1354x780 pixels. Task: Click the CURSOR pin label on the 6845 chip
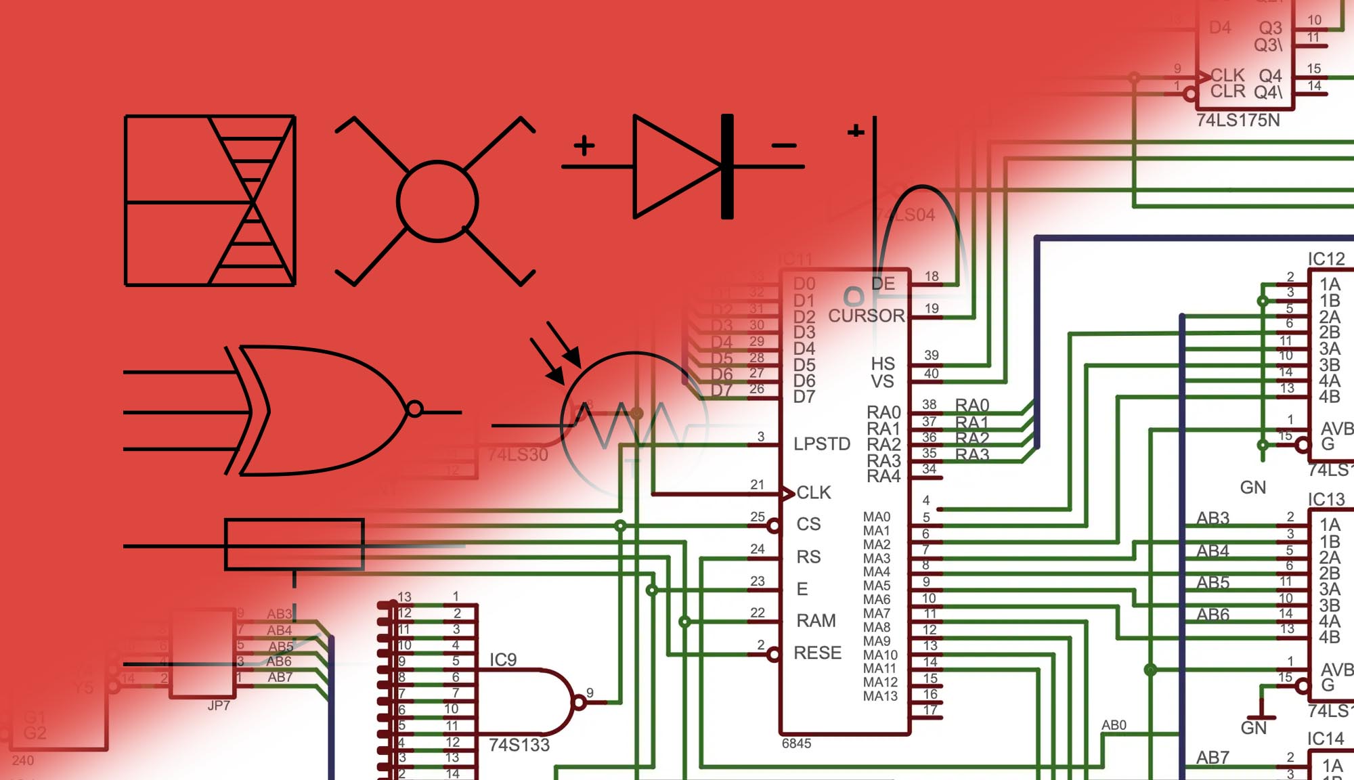tap(866, 316)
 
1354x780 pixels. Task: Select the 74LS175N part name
tap(1238, 121)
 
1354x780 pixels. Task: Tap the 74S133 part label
tap(519, 745)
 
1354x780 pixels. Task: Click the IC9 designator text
tap(503, 660)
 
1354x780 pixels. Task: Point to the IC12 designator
tap(1326, 259)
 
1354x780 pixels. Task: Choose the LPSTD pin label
tap(822, 444)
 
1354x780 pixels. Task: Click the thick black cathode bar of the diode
tap(727, 167)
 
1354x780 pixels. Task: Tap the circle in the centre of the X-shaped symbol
tap(437, 201)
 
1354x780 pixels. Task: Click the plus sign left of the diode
tap(584, 145)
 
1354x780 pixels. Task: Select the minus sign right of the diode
tap(784, 145)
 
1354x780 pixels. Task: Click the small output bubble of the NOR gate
tap(414, 409)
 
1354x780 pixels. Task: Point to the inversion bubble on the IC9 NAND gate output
tap(580, 702)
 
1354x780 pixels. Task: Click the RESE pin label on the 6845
tap(817, 653)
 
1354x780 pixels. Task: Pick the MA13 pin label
tap(880, 696)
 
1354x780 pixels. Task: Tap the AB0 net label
tap(1114, 725)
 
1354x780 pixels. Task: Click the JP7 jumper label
tap(219, 706)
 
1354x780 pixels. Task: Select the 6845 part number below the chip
tap(796, 743)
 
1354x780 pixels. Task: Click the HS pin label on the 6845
tap(883, 364)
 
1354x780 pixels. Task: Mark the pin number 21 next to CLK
tap(757, 485)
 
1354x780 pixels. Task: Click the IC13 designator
tap(1326, 500)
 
